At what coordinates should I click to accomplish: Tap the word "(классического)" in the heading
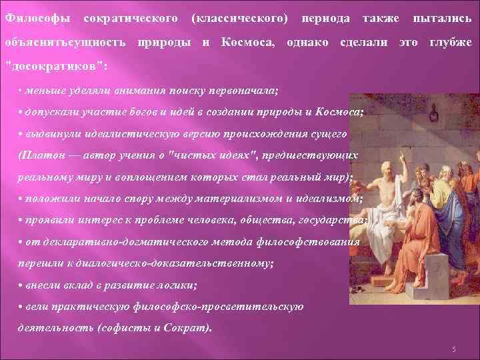(x=240, y=15)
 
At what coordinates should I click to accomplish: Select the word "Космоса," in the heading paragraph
(x=247, y=42)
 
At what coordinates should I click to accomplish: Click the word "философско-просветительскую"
(x=236, y=306)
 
